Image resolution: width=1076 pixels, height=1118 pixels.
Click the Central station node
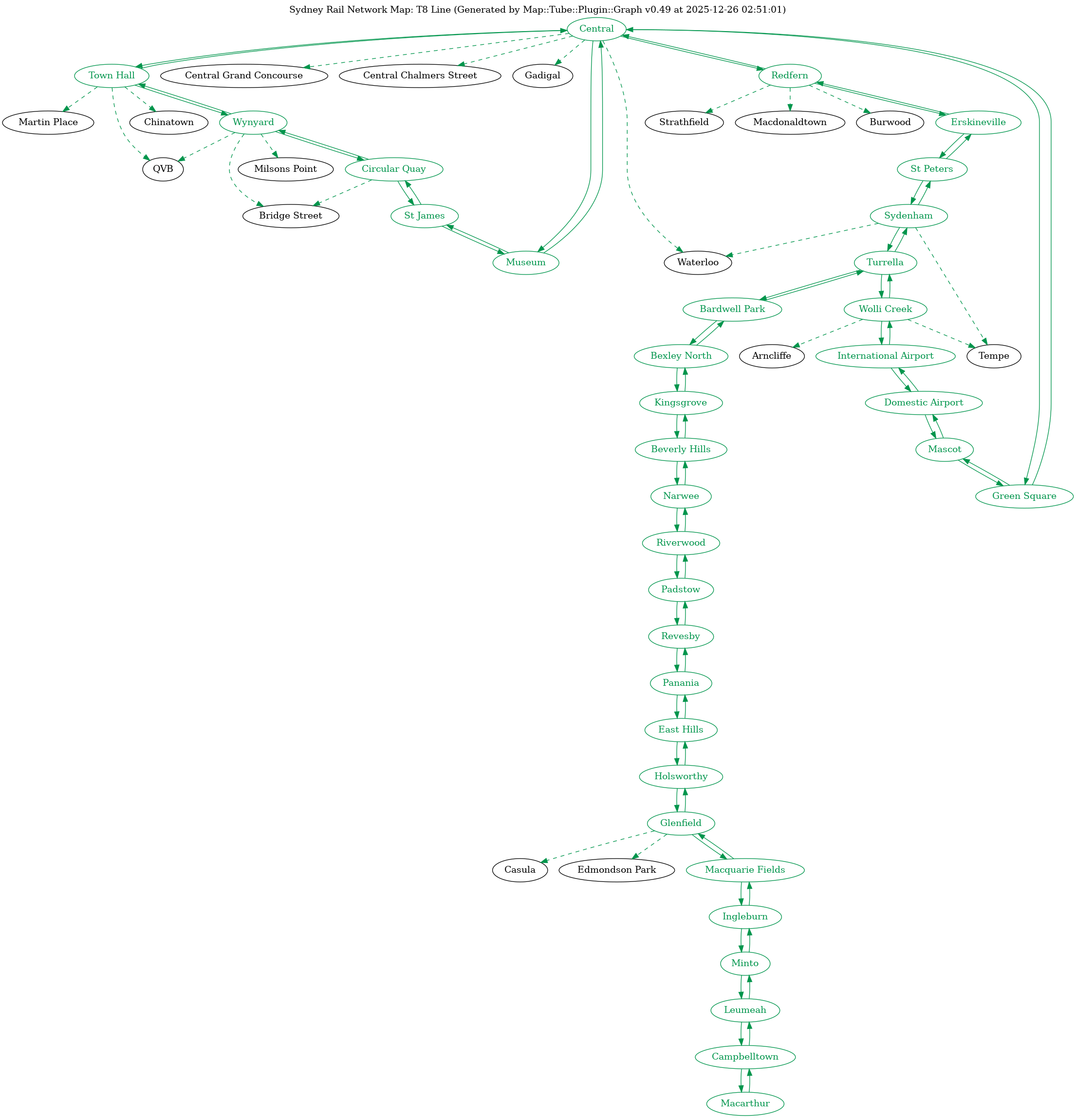tap(596, 29)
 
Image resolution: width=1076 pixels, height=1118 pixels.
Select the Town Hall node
tap(112, 75)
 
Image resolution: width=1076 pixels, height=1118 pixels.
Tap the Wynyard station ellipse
tap(253, 122)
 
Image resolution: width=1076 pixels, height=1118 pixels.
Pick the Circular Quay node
tap(394, 169)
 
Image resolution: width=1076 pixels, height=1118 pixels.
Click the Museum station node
tap(525, 262)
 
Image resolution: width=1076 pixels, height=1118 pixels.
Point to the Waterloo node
tap(698, 262)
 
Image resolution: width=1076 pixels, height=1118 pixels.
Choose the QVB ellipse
tap(163, 169)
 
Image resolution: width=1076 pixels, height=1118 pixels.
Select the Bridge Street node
tap(290, 216)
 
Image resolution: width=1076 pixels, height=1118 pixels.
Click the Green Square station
tap(1024, 495)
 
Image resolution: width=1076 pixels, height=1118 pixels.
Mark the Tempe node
tap(994, 356)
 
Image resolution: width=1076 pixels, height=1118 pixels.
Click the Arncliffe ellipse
tap(771, 356)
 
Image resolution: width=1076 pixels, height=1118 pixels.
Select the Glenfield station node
tap(681, 823)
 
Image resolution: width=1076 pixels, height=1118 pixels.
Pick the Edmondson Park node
tap(617, 870)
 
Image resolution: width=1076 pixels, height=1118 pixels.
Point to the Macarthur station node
tap(745, 1103)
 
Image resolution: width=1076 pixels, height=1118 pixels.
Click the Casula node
tap(520, 870)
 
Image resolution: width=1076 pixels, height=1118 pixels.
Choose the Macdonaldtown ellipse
tap(790, 122)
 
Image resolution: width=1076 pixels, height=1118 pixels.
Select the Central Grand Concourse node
tap(243, 75)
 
